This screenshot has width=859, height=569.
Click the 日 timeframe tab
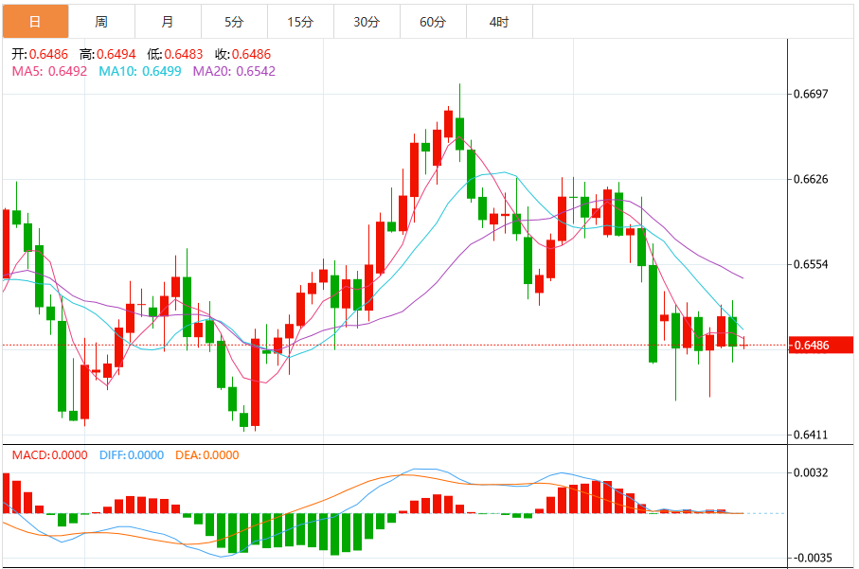pos(35,21)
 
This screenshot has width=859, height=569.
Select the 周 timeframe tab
pos(101,21)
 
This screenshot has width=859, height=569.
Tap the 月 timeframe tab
pos(168,21)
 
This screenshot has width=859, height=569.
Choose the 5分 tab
pos(234,21)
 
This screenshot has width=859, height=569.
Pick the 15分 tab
pos(300,21)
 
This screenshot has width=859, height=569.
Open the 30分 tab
pos(367,21)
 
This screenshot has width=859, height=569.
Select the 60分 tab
pos(433,21)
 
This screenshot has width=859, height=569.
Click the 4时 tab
pos(499,21)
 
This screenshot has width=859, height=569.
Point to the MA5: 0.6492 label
pos(49,70)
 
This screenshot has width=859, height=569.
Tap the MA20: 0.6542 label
pos(234,70)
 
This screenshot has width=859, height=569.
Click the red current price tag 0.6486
pos(820,346)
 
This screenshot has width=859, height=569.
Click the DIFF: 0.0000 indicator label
pos(132,455)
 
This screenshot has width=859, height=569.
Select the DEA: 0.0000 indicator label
pos(207,455)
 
